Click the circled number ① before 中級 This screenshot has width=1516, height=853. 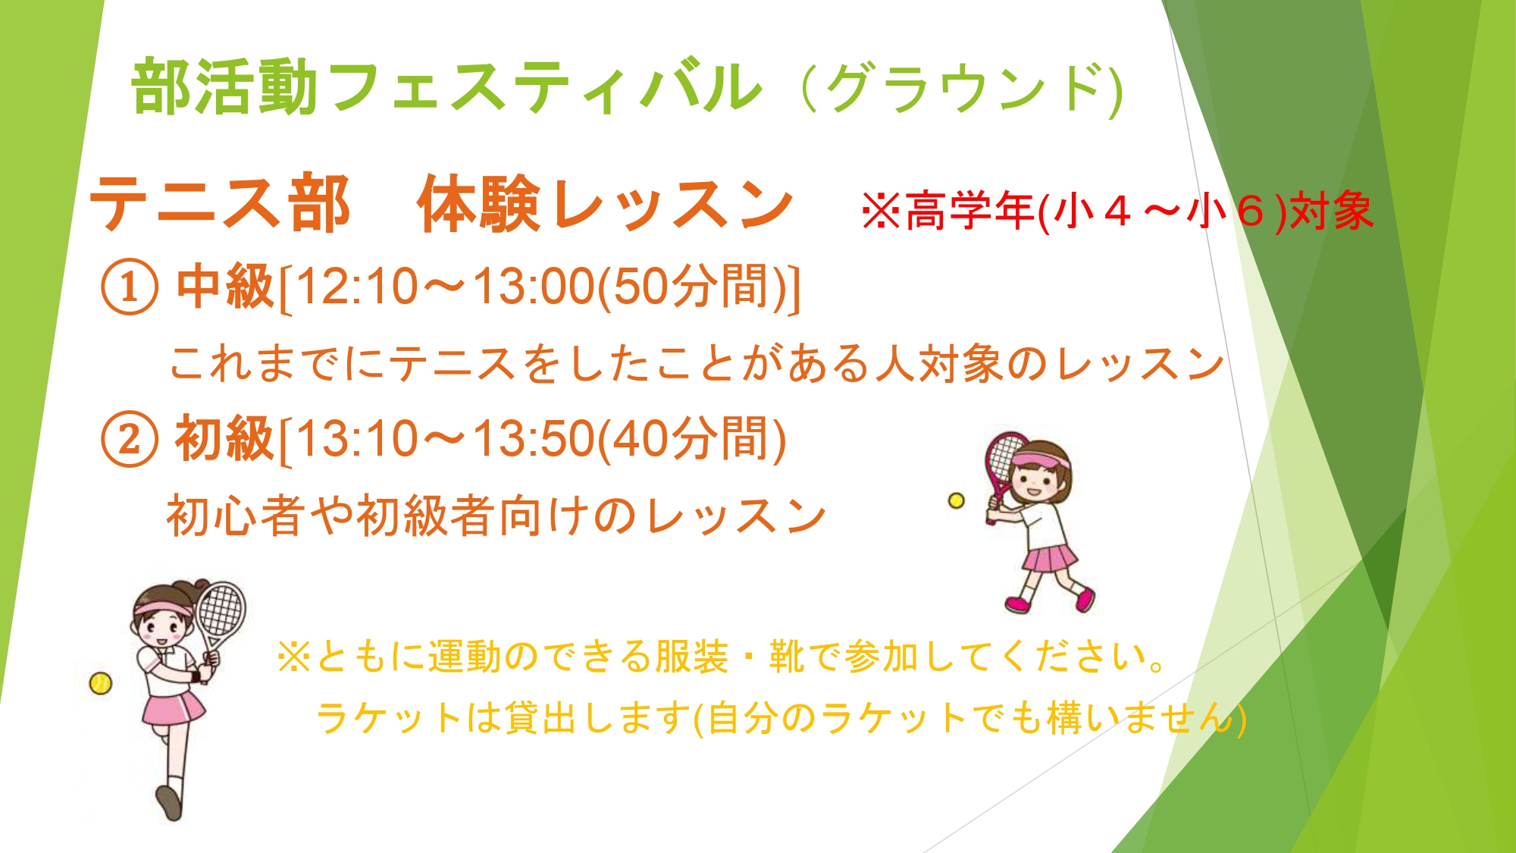coord(130,287)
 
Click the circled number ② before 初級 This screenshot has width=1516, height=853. coord(130,439)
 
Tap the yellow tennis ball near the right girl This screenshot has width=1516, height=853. coord(957,500)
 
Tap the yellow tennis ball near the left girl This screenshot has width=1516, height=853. coord(100,683)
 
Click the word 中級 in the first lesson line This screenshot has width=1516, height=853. coord(225,287)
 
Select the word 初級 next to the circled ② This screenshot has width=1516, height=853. coord(225,438)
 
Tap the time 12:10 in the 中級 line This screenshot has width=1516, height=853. coord(356,287)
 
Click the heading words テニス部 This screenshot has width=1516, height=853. coord(220,202)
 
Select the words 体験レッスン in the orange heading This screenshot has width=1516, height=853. coord(605,202)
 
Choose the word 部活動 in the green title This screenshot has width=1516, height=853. coord(224,86)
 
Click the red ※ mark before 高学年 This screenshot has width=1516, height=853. coord(881,211)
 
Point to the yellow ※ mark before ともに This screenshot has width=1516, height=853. coord(294,657)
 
